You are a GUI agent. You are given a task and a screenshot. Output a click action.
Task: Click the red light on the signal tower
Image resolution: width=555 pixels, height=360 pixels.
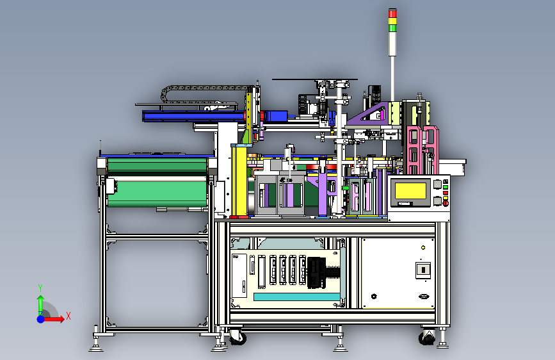392,13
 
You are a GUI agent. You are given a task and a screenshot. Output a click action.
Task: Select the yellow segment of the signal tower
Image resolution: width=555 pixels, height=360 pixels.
392,20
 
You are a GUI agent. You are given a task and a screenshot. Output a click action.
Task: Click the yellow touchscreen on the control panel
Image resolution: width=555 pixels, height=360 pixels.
410,191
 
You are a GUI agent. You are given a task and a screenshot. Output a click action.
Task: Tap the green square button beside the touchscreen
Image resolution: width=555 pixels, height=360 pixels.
446,187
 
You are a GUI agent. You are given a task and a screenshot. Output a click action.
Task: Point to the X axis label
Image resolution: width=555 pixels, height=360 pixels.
68,316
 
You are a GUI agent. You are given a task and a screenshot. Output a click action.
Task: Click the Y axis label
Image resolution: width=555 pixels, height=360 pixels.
40,288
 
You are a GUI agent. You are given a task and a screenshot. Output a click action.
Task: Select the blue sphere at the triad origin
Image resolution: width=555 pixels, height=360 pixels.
41,319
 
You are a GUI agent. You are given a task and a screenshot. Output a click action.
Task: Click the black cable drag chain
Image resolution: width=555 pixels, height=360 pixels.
205,93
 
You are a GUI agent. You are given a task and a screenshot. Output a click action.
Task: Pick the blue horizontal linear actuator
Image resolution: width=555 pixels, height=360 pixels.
194,116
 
